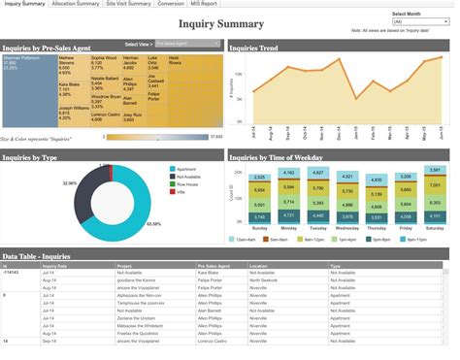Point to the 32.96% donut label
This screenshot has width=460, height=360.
tap(70, 182)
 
